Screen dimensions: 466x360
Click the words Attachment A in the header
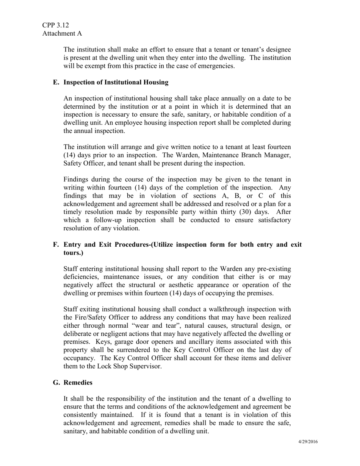coord(62,34)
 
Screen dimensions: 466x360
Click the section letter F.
coord(56,244)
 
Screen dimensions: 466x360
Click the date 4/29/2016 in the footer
coord(307,442)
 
